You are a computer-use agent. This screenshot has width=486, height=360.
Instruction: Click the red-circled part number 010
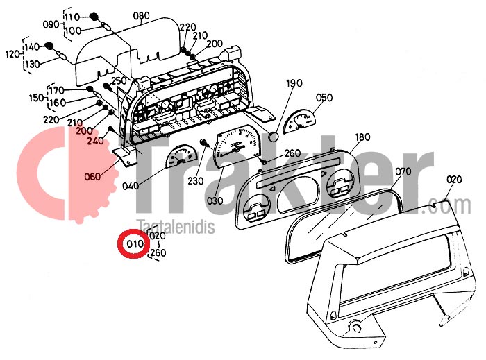135,244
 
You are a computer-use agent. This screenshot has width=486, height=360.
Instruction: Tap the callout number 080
142,15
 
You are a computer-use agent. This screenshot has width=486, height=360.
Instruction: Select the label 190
294,83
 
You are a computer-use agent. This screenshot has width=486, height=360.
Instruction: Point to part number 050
324,97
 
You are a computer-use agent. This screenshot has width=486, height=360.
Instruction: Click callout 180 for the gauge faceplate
362,137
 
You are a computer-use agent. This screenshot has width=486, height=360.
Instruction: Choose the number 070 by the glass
403,171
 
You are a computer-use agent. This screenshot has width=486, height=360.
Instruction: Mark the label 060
92,177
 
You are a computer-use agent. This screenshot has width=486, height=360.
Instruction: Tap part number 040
131,186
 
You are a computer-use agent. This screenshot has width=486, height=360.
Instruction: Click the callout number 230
196,180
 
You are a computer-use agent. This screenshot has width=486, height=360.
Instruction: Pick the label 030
215,200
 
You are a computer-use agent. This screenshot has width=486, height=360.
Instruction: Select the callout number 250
119,80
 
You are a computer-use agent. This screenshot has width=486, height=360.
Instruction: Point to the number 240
96,141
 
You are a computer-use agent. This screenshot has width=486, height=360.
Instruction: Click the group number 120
13,55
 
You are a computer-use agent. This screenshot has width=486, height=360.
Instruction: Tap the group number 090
51,24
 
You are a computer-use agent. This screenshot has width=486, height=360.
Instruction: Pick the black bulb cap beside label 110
93,17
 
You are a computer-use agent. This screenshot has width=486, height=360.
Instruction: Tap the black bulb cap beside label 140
49,46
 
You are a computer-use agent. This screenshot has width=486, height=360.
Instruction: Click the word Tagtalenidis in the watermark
176,227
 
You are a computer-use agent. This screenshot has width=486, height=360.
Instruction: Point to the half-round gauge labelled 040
182,155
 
